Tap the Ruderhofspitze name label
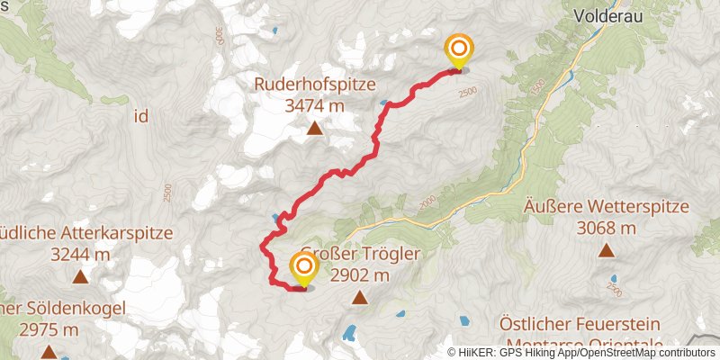(x=314, y=85)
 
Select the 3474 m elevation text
(x=314, y=105)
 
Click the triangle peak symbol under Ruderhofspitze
(x=315, y=130)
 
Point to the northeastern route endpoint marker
(x=459, y=49)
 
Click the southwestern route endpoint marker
(x=304, y=267)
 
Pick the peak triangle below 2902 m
(x=360, y=297)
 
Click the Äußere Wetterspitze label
(x=607, y=207)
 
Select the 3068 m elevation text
(x=607, y=227)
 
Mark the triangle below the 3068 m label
(x=607, y=250)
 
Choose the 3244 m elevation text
(x=81, y=254)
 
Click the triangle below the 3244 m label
(x=81, y=277)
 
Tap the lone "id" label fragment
(x=141, y=116)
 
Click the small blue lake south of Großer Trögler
(x=348, y=333)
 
